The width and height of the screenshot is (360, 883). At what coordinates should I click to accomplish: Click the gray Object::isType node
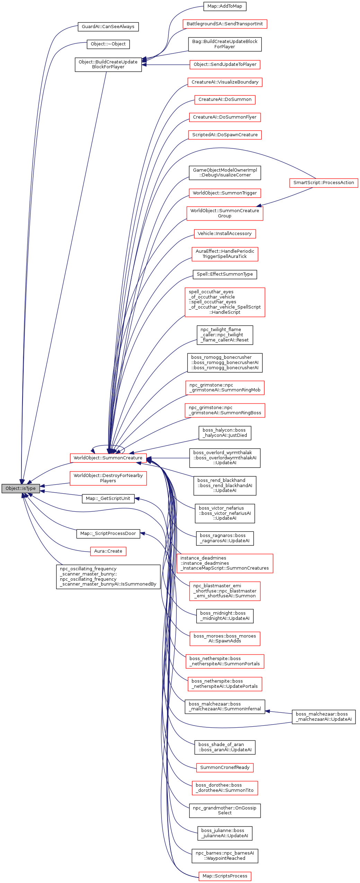tap(20, 488)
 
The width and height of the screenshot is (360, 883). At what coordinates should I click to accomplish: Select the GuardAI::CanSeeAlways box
tap(108, 27)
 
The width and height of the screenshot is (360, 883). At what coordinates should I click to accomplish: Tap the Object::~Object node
tap(108, 44)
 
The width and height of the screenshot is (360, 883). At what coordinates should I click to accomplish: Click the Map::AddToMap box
tap(225, 6)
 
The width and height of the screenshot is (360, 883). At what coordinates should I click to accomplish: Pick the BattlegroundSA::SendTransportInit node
tap(225, 24)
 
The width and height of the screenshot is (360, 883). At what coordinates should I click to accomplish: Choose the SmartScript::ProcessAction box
tap(323, 183)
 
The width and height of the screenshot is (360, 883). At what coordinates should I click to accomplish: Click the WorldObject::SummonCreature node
tap(108, 458)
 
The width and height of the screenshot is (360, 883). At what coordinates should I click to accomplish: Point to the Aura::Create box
tap(108, 551)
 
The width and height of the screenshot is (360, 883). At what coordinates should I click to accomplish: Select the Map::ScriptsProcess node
tap(225, 876)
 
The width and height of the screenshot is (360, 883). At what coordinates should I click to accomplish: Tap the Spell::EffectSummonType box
tap(225, 274)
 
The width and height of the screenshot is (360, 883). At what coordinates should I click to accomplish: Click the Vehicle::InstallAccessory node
tap(225, 234)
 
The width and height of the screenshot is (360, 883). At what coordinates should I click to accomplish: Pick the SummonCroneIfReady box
tap(225, 767)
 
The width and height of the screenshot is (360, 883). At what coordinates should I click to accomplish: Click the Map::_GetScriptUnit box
tap(108, 499)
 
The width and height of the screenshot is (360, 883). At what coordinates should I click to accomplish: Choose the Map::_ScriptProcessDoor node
tap(108, 534)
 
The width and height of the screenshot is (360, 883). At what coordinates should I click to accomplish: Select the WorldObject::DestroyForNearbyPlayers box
tap(108, 478)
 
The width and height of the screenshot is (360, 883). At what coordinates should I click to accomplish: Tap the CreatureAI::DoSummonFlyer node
tap(225, 117)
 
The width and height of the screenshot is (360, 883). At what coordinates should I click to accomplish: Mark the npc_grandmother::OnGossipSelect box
tap(225, 810)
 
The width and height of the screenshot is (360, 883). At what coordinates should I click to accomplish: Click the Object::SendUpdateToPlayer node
tap(225, 64)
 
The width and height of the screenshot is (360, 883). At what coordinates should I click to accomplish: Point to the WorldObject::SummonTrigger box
tap(225, 193)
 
